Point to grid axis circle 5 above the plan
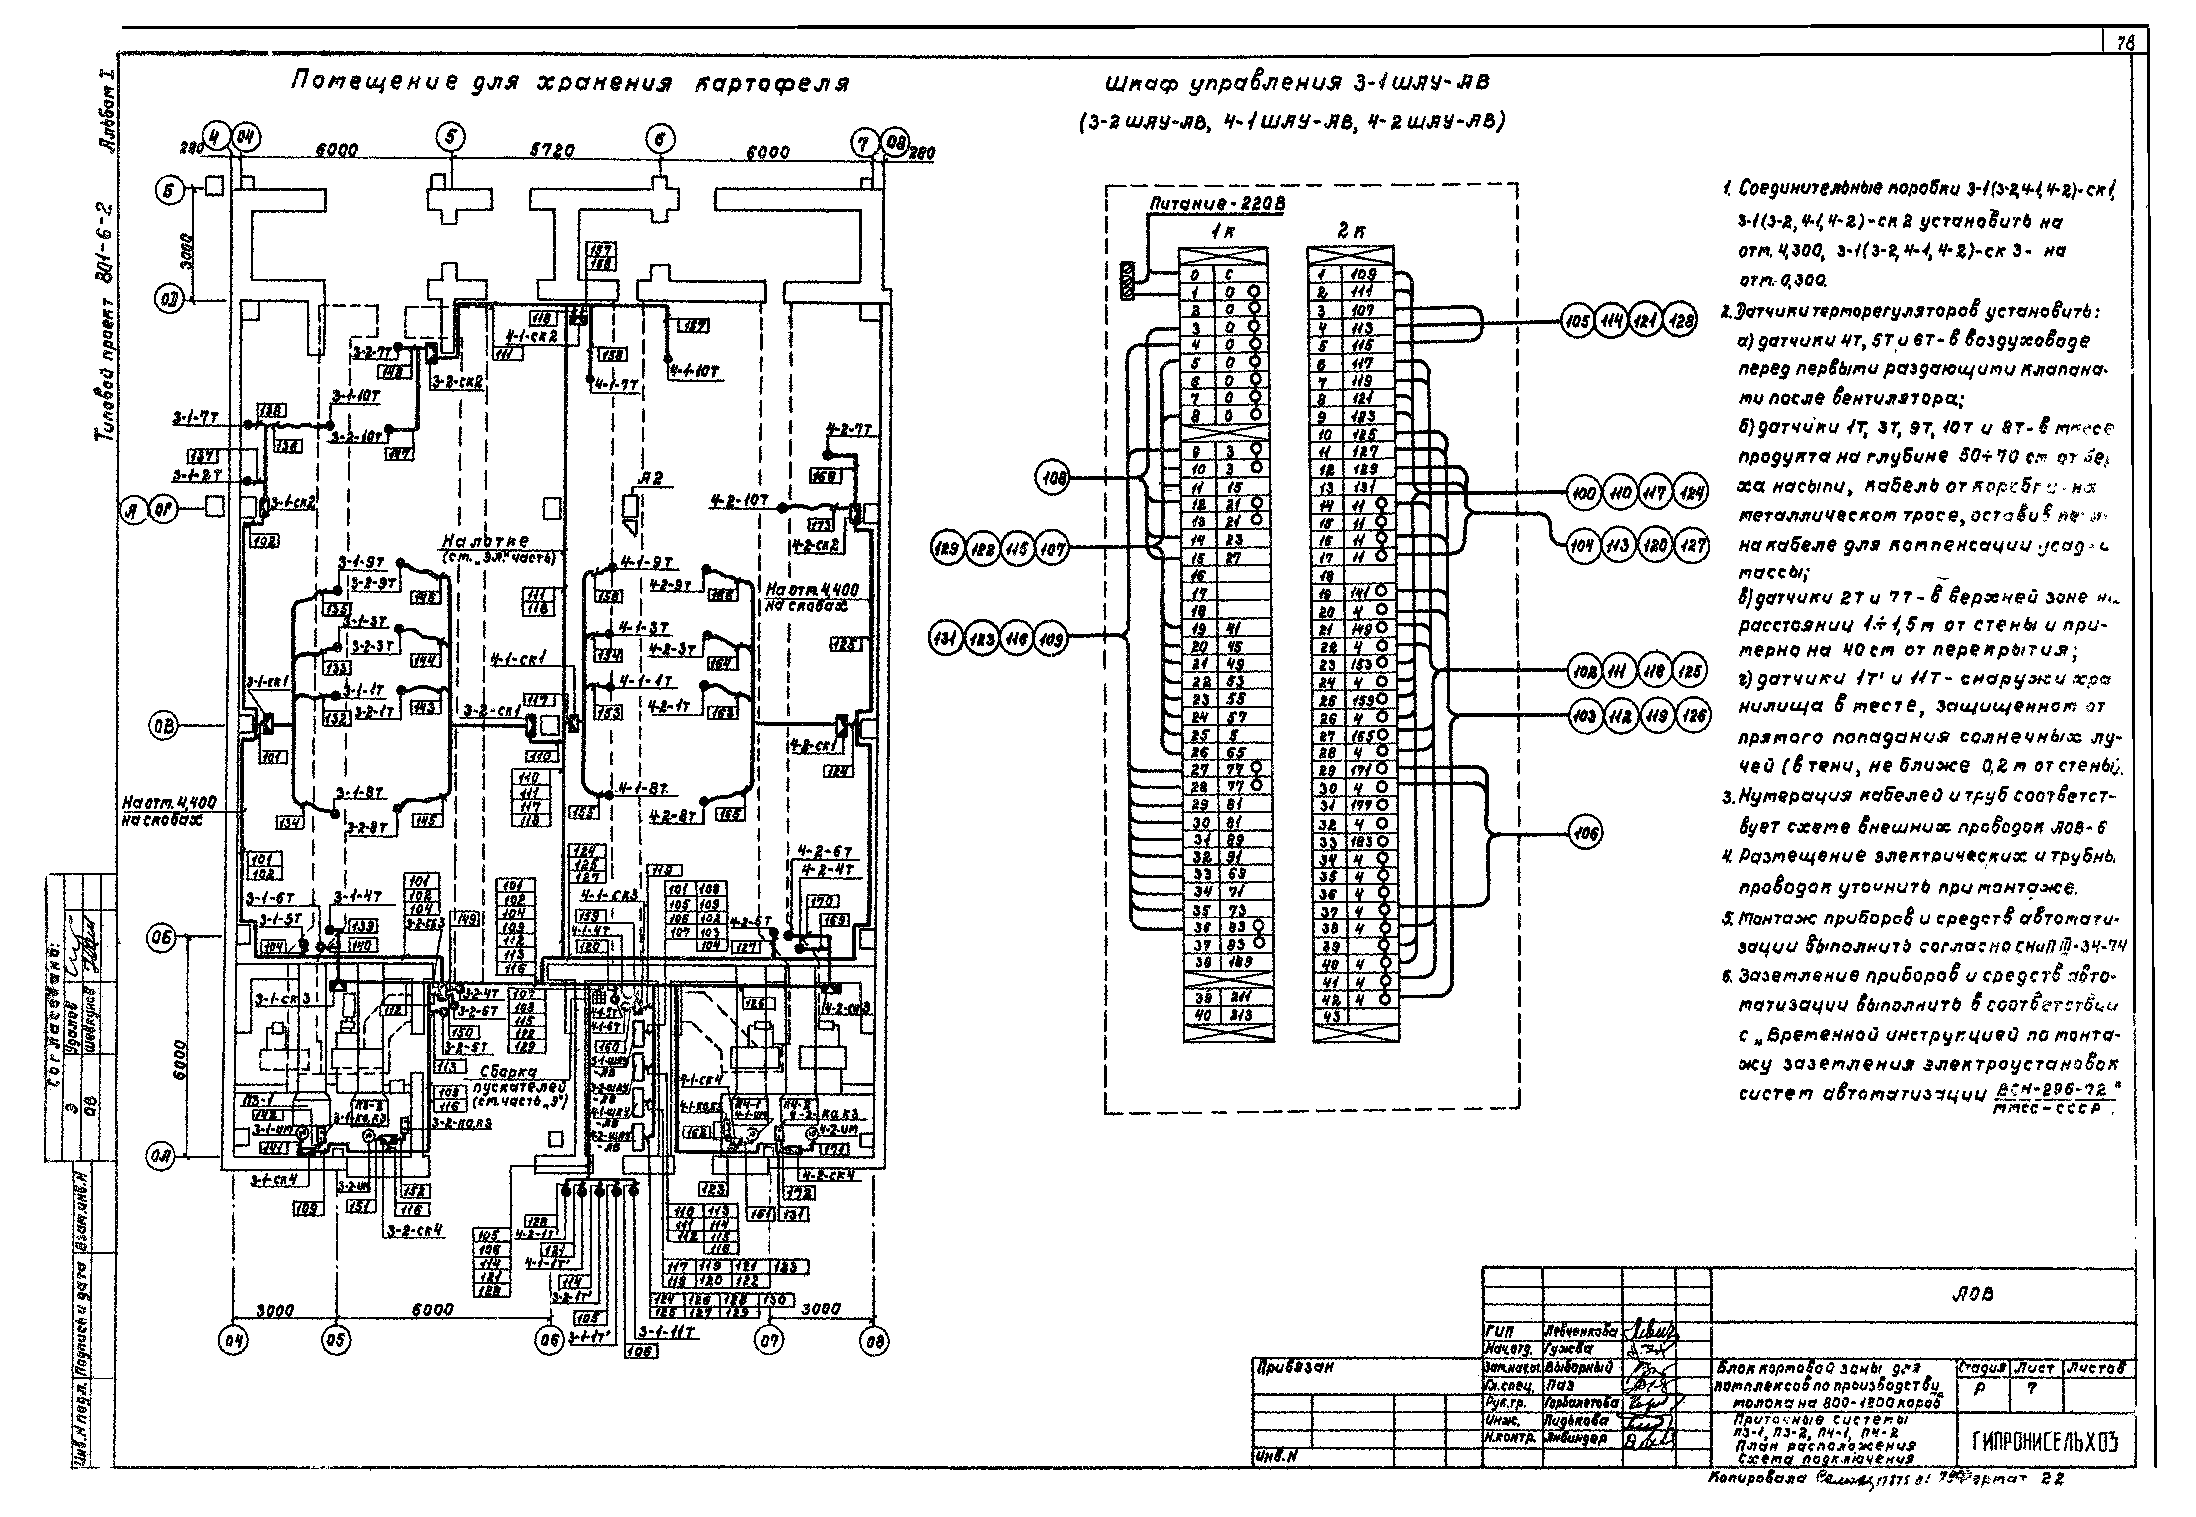point(450,139)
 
